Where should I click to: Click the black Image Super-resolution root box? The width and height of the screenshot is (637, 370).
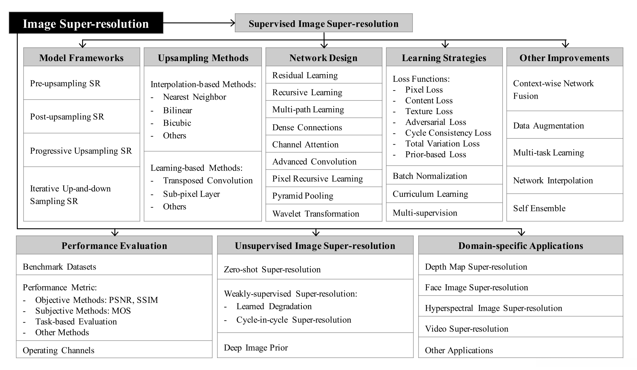86,23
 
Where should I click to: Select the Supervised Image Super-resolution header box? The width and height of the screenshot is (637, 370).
323,23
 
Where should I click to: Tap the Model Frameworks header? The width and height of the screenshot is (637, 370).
81,58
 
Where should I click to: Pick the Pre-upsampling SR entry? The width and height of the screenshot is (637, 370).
65,84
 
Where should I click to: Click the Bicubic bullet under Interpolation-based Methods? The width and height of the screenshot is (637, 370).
177,123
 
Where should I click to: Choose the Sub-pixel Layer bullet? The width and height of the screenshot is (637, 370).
191,194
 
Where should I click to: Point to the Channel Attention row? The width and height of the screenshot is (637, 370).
305,144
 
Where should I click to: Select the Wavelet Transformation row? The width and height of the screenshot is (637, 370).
316,213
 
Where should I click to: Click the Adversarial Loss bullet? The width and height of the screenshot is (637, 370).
435,122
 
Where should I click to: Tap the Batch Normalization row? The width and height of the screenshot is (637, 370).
430,176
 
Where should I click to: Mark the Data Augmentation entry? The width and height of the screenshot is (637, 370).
548,126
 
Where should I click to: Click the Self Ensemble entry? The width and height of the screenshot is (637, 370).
539,208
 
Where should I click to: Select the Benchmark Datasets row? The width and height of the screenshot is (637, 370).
59,266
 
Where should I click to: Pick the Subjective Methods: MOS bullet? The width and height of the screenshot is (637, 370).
83,311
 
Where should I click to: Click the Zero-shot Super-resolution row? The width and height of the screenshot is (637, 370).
272,269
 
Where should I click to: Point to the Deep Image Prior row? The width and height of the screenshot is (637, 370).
256,348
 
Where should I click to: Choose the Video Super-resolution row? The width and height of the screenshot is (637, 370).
466,329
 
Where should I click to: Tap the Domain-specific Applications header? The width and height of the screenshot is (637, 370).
521,246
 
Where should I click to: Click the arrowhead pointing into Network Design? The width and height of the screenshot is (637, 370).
324,45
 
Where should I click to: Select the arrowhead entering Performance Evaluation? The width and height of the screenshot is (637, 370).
115,233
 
